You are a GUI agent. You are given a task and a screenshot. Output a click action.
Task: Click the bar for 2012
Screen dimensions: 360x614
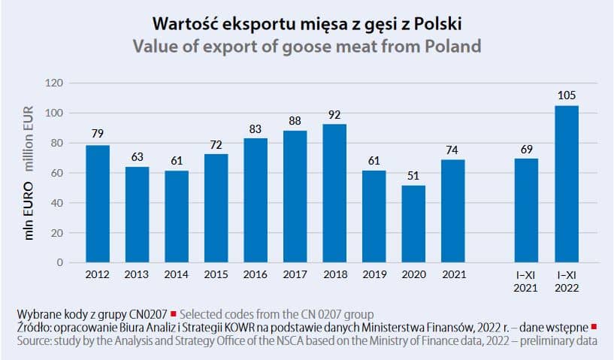[98, 204]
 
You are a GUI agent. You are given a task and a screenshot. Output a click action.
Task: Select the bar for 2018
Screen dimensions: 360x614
[334, 193]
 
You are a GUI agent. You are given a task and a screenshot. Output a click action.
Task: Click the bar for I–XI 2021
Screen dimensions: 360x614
[526, 210]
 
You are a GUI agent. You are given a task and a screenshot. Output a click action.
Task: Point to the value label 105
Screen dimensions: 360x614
[567, 95]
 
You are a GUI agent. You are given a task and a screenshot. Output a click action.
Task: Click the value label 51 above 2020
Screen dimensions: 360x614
[413, 176]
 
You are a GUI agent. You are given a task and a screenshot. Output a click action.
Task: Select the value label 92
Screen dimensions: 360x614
[334, 115]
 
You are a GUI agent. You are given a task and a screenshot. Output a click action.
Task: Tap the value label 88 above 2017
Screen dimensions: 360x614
[295, 121]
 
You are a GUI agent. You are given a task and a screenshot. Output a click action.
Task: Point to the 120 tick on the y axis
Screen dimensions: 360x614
[54, 83]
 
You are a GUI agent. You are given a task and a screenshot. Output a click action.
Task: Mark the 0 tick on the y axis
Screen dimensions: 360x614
[60, 263]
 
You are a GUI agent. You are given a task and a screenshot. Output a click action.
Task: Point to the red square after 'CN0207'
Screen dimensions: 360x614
[174, 313]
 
